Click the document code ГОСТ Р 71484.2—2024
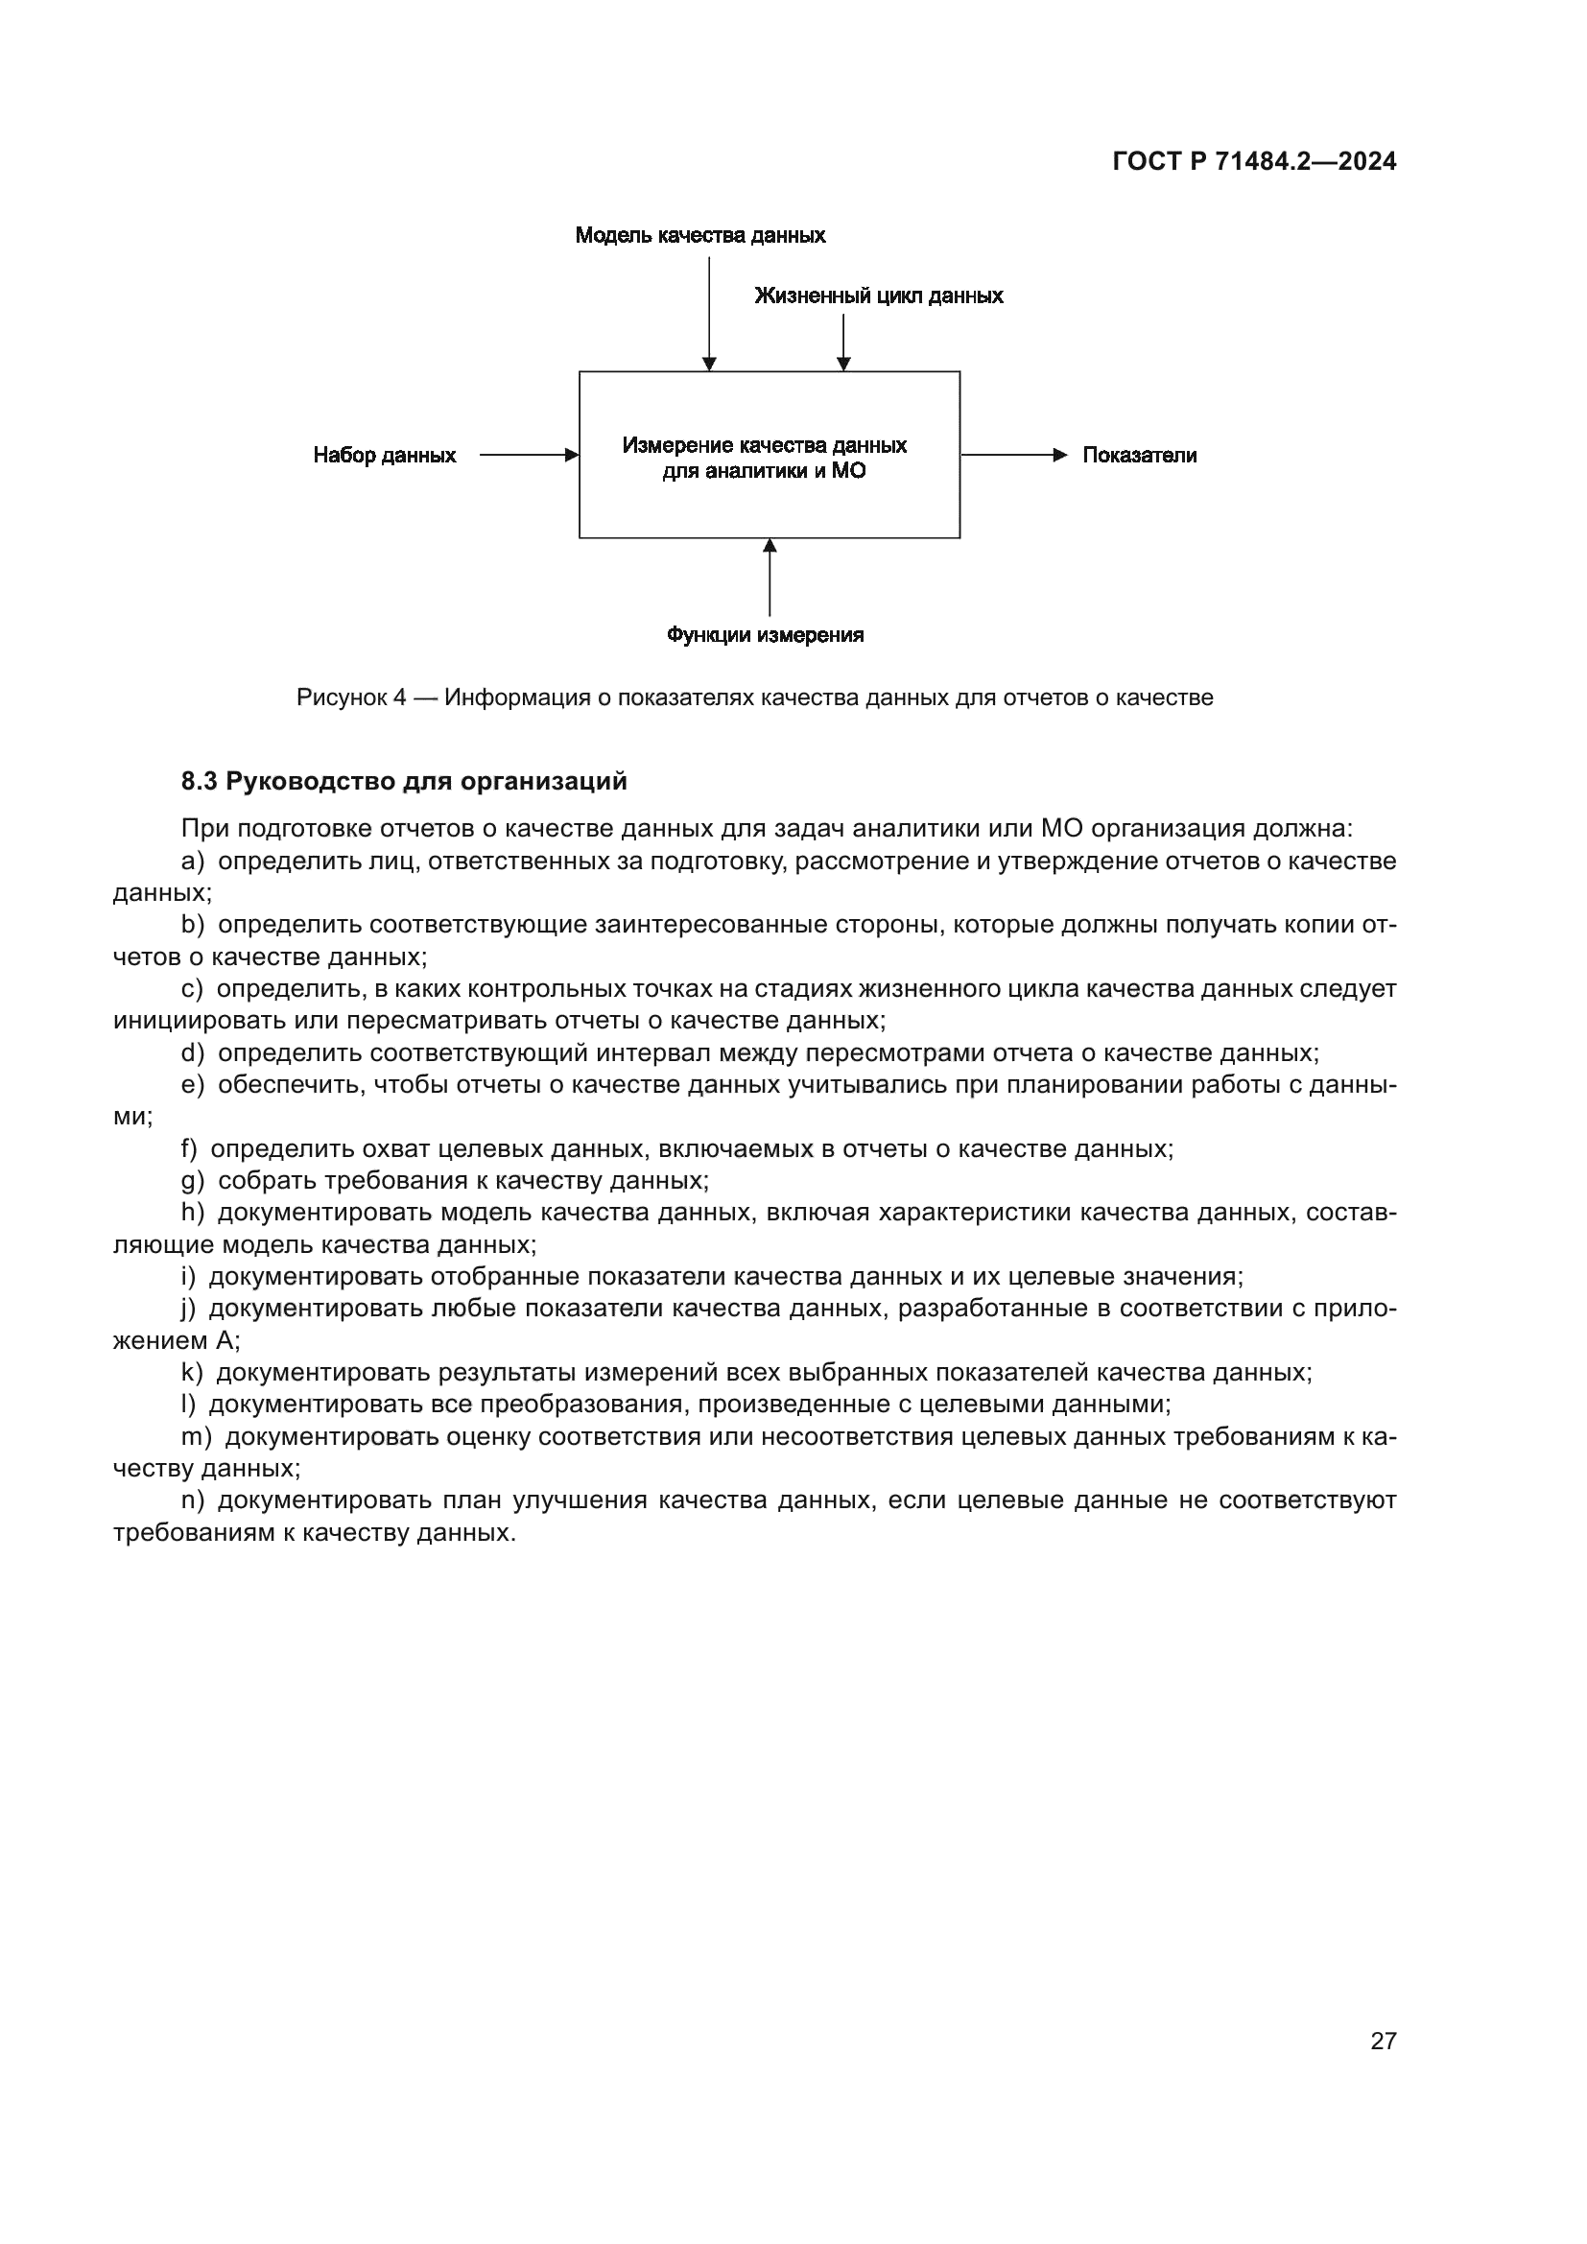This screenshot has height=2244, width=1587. (1254, 161)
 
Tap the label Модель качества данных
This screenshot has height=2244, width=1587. (699, 236)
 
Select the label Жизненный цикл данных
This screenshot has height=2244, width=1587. (879, 296)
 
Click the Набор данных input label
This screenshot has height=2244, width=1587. (384, 456)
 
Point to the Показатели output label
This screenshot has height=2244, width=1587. (1140, 456)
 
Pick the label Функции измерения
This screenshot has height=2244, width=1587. (765, 635)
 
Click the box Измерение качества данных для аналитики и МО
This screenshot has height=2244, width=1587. (770, 456)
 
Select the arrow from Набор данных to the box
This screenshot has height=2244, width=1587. (529, 456)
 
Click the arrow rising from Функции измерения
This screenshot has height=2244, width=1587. (770, 578)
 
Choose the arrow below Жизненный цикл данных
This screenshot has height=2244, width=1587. (843, 343)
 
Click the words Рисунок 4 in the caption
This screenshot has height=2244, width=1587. (351, 697)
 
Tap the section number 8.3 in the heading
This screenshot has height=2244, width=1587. (200, 782)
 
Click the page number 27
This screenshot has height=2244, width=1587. (1383, 2041)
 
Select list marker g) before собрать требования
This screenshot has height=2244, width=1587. (193, 1181)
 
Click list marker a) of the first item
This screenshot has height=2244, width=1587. (193, 861)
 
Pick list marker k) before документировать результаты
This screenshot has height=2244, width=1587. (192, 1372)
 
